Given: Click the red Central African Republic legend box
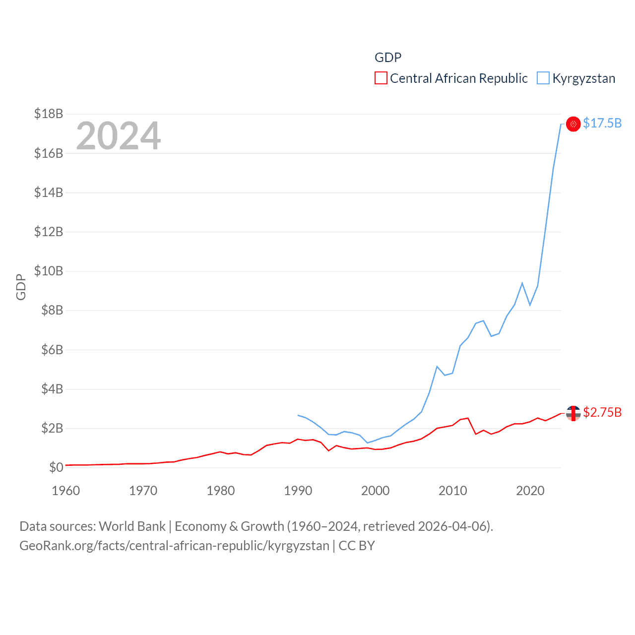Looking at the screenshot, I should coord(381,78).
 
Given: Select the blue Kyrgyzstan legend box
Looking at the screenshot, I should coord(543,78).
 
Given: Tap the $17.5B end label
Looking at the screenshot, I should coord(602,123).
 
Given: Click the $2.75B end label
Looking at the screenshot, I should coord(602,412).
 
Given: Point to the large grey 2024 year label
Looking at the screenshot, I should coord(119,135).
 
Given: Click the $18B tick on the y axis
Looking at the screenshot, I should coord(49,114).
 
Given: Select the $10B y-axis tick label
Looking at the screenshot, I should coord(49,271).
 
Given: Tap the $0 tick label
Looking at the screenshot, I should coord(56,467).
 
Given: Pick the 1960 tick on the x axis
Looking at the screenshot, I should coord(66,491).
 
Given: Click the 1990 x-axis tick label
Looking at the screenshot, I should coord(298,491).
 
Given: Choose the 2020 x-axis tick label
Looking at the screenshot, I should coord(530,491).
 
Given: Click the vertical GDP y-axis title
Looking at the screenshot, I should coord(21,287).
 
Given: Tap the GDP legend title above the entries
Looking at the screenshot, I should coord(388,58).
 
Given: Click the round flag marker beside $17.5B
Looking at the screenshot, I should coord(573,124).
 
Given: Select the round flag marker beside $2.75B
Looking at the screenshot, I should coord(573,413).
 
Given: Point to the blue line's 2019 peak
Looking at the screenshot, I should coord(522,283).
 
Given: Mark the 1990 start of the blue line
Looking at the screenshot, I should coord(298,415).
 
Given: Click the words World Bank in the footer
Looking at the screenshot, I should coord(132,526).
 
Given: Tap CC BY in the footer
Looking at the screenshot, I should coord(357,546).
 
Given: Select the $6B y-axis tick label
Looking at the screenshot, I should coord(49,350).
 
